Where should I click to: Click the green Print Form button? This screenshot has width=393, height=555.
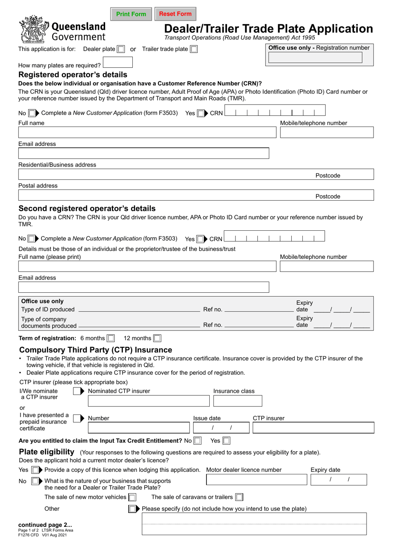pyautogui.click(x=131, y=14)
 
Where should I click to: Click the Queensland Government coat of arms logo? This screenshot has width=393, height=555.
pyautogui.click(x=34, y=29)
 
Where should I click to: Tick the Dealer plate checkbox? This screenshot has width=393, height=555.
pyautogui.click(x=121, y=49)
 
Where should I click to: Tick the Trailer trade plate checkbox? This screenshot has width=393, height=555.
pyautogui.click(x=194, y=49)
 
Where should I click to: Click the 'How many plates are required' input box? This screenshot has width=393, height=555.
pyautogui.click(x=118, y=62)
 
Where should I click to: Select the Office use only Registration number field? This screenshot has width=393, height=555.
pyautogui.click(x=315, y=58)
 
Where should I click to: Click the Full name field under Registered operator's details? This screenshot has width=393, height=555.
pyautogui.click(x=147, y=132)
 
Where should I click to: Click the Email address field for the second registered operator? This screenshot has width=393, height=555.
pyautogui.click(x=144, y=287)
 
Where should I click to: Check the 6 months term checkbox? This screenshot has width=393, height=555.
pyautogui.click(x=111, y=338)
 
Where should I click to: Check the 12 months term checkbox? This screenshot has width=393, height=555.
pyautogui.click(x=157, y=338)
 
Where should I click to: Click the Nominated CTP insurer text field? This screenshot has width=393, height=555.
pyautogui.click(x=149, y=401)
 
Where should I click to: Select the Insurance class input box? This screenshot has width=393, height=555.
pyautogui.click(x=237, y=401)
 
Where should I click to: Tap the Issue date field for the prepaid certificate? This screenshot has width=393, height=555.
pyautogui.click(x=221, y=428)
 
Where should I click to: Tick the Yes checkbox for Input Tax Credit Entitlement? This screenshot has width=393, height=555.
pyautogui.click(x=226, y=441)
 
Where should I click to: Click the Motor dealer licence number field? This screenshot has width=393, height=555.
pyautogui.click(x=256, y=480)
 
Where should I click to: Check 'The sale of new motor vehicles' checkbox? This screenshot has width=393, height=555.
pyautogui.click(x=132, y=498)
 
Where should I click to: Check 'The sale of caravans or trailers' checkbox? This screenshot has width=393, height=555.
pyautogui.click(x=239, y=498)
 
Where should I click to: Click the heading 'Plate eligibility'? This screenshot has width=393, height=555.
pyautogui.click(x=47, y=452)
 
